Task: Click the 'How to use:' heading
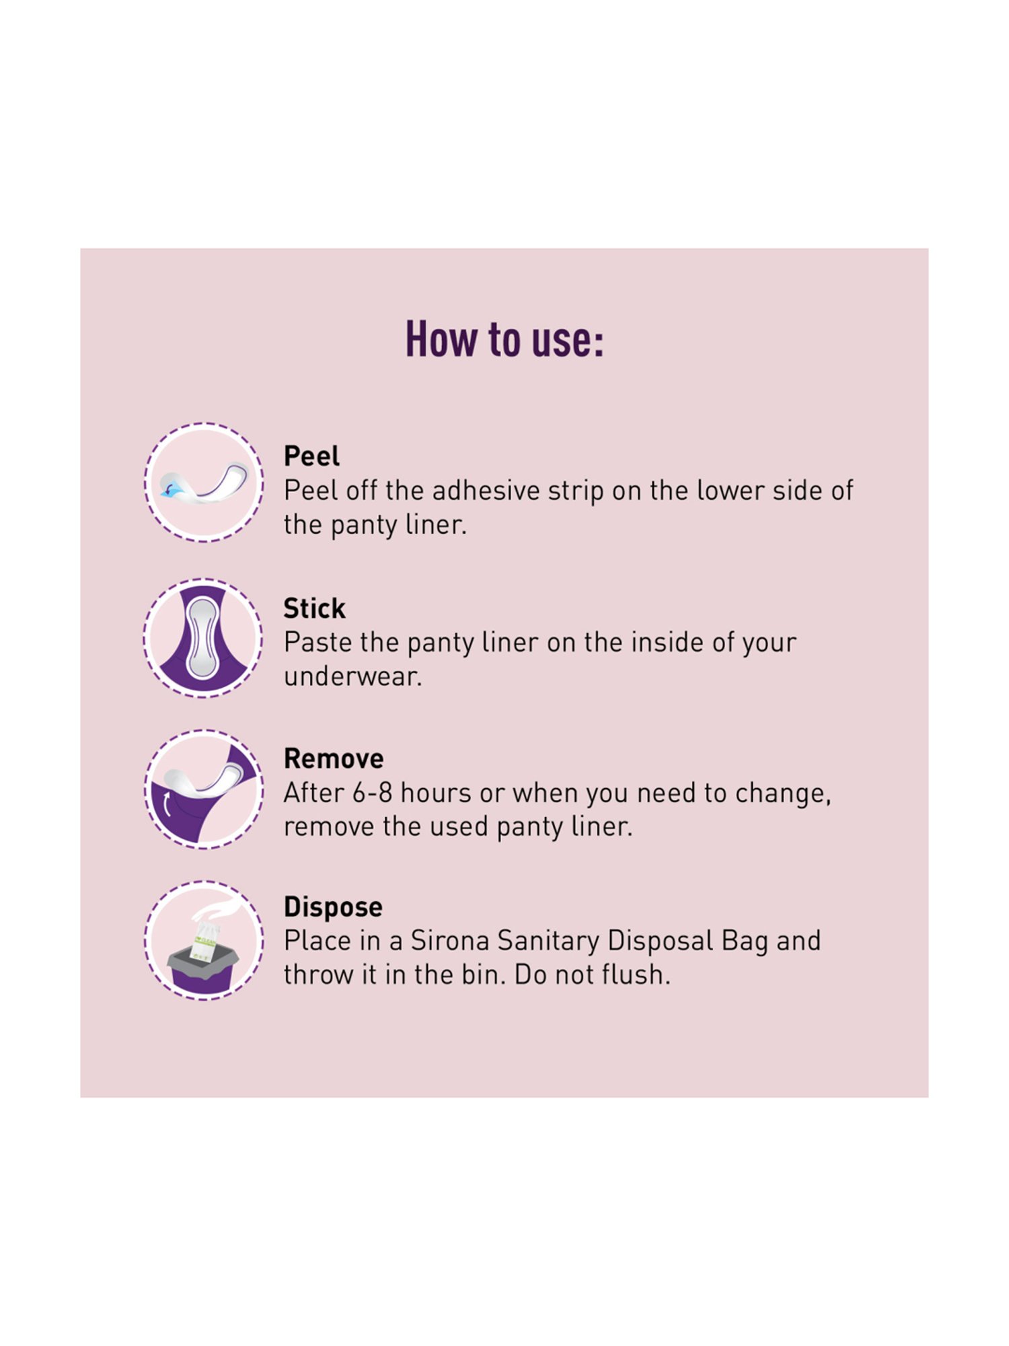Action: (504, 339)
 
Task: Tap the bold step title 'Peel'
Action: (311, 456)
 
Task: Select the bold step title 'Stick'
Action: (314, 608)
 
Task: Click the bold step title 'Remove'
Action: (334, 758)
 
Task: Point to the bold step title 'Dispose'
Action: (333, 907)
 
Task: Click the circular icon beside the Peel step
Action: (204, 483)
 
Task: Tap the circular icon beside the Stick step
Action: (204, 637)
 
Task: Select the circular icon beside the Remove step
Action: (204, 789)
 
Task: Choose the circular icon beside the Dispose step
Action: (204, 940)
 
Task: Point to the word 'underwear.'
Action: (352, 676)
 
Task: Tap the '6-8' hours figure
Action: (372, 793)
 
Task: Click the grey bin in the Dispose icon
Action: (202, 968)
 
